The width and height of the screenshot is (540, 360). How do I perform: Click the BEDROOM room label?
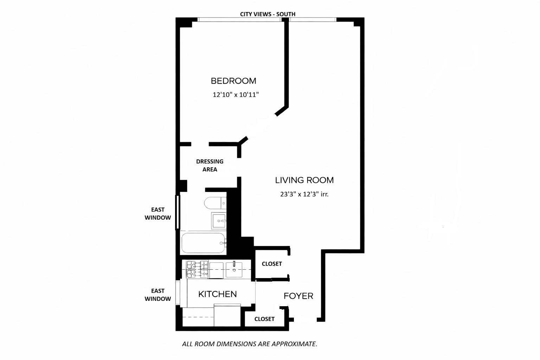click(x=233, y=81)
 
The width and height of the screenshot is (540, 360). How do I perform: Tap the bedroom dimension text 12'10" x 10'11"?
click(x=236, y=95)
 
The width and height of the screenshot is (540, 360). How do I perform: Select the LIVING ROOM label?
click(x=304, y=180)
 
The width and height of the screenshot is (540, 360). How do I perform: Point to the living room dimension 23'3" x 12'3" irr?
click(x=304, y=194)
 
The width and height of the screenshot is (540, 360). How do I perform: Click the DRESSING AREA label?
click(x=210, y=165)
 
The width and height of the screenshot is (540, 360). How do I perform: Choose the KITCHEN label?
click(x=217, y=294)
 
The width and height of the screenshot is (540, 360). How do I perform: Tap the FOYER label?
click(x=298, y=296)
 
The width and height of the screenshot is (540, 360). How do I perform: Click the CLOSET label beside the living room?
click(x=272, y=264)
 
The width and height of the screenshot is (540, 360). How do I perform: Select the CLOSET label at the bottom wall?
click(x=264, y=319)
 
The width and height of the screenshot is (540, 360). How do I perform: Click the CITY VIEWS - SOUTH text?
click(x=268, y=14)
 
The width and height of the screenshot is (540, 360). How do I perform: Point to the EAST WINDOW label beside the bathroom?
click(x=158, y=214)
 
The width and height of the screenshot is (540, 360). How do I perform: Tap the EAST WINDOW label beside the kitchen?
click(x=158, y=295)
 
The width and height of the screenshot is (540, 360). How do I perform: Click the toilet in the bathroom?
click(x=214, y=203)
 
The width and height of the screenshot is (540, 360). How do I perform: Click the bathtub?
click(x=203, y=243)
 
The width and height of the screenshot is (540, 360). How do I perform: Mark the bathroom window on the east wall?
click(x=178, y=212)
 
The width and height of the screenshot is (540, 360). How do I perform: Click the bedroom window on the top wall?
click(x=239, y=20)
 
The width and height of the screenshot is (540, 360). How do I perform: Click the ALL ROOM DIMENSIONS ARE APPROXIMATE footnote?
click(x=250, y=344)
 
